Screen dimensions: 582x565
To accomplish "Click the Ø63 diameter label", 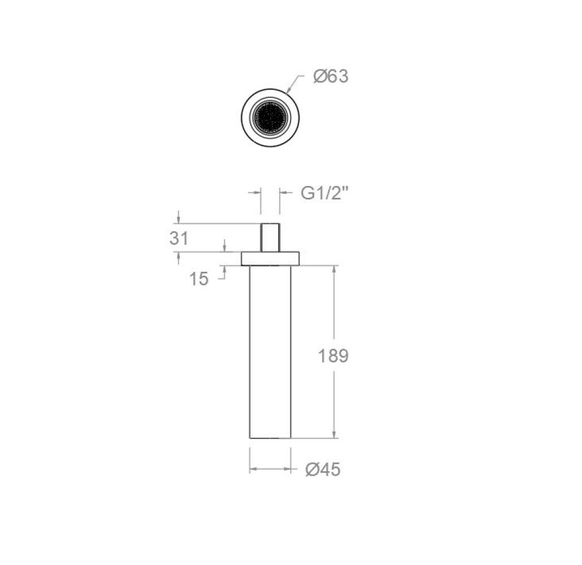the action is click(331, 76).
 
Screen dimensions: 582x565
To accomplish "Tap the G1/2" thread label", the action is click(325, 193).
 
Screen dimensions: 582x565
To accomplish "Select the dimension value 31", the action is click(179, 238).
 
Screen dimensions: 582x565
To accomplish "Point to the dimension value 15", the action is click(199, 279).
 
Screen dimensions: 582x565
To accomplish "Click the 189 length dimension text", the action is click(333, 356).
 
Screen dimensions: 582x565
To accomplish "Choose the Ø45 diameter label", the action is click(323, 470).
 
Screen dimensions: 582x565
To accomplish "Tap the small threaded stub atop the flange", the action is click(270, 237).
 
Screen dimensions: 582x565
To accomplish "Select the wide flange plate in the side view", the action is click(270, 259).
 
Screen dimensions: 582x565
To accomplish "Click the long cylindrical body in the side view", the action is click(270, 352).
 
